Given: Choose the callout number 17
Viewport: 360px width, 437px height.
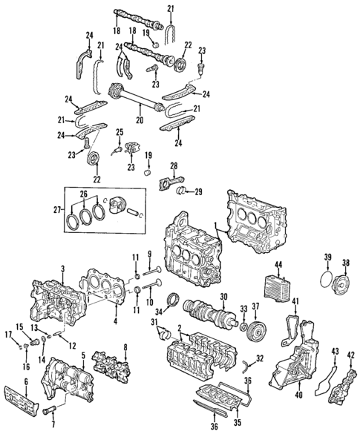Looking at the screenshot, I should (x=10, y=335).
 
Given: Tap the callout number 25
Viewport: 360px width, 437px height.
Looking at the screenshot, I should (x=117, y=132).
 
